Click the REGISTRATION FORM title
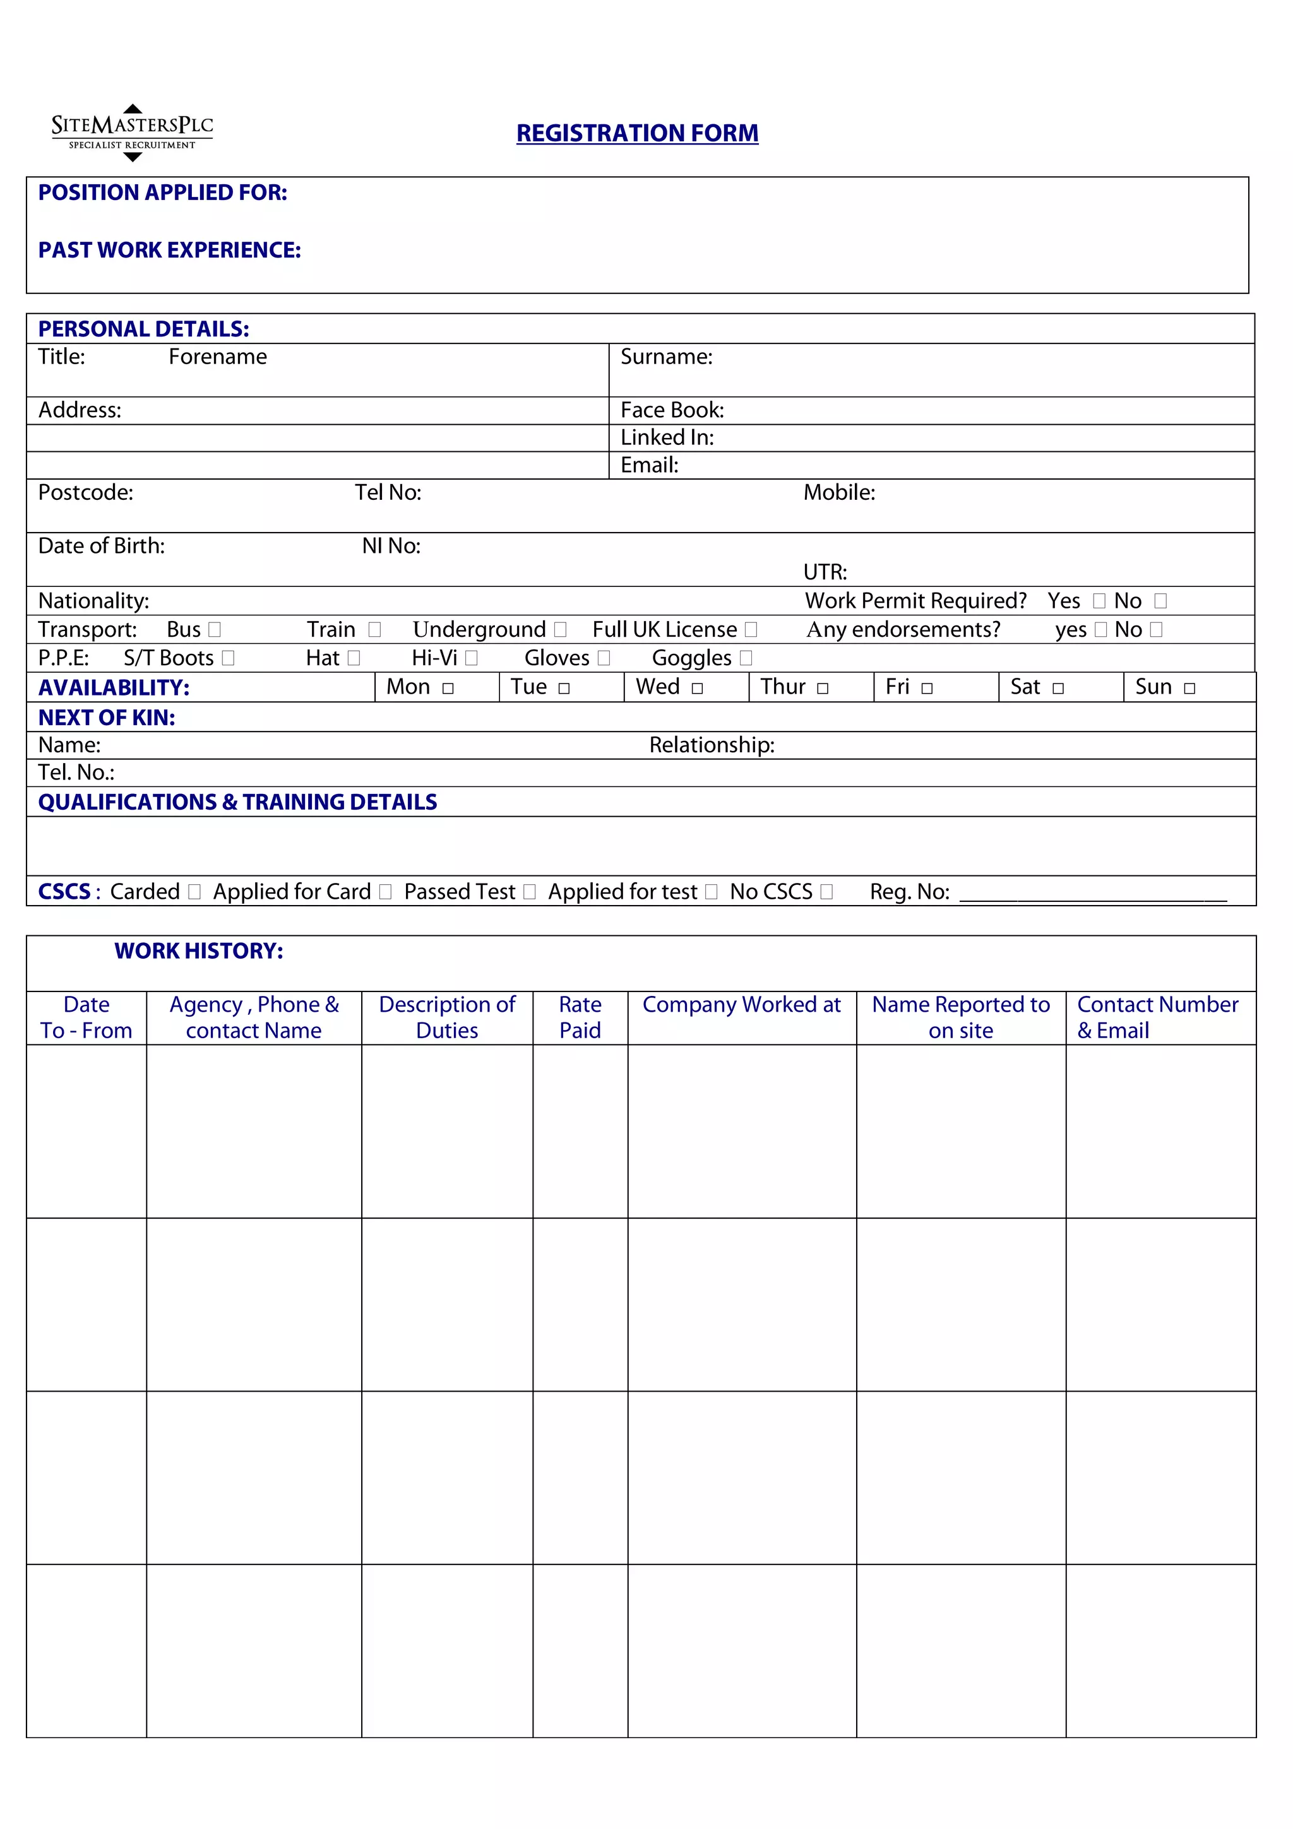point(636,133)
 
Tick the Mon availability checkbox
point(448,689)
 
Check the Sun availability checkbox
point(1189,689)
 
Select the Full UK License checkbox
point(751,630)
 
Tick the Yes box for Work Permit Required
point(1099,601)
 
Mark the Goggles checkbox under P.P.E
point(746,658)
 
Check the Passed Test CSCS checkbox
point(529,892)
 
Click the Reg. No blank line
point(1092,894)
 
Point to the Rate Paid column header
point(580,1017)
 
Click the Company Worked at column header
point(741,1005)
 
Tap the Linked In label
point(667,437)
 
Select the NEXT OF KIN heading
point(107,718)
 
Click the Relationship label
point(712,745)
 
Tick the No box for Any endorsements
point(1156,630)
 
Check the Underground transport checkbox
point(560,630)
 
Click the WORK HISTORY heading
point(198,951)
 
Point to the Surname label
point(666,357)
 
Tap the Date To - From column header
point(86,1017)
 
